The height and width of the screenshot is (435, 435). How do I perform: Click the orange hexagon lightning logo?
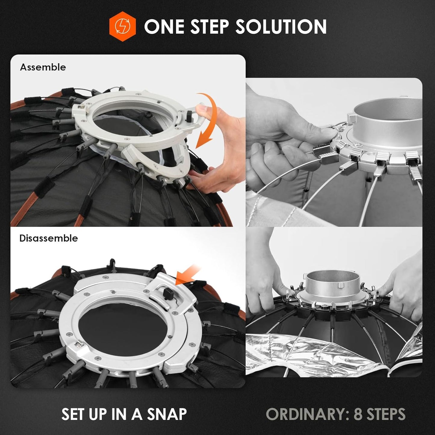[x=122, y=26]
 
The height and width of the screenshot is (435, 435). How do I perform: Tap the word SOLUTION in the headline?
[x=281, y=26]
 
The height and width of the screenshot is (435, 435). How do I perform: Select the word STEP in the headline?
[x=210, y=26]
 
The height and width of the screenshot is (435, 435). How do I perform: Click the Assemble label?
[x=43, y=67]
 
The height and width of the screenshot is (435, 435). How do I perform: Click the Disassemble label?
[x=48, y=238]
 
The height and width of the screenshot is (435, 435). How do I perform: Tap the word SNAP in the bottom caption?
[x=167, y=414]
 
